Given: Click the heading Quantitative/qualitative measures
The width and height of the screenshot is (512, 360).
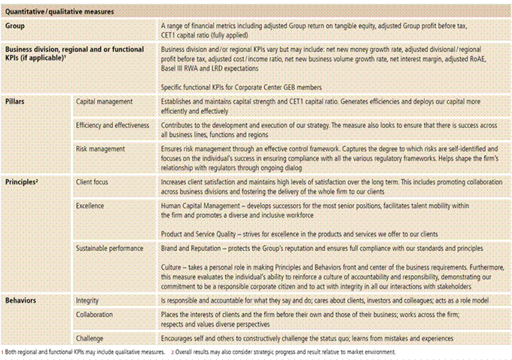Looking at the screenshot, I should (x=55, y=10).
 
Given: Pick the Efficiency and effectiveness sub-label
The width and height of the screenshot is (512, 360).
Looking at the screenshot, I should (x=113, y=124).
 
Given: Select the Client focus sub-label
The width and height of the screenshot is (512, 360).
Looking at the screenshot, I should (x=96, y=182).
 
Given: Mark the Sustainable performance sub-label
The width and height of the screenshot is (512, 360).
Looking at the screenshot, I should (x=112, y=248).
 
